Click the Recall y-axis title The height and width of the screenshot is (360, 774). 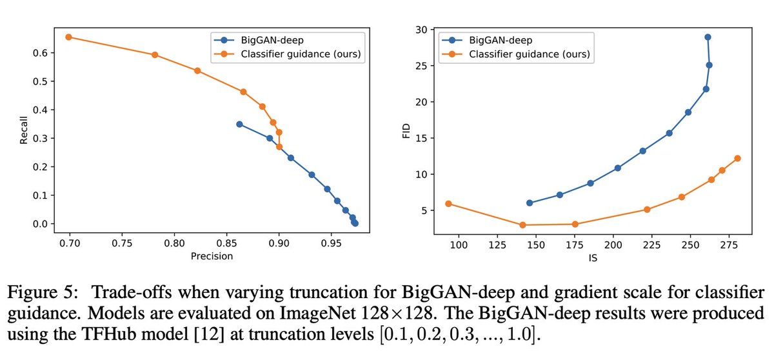[x=23, y=130]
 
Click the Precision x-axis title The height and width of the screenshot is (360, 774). [x=212, y=256]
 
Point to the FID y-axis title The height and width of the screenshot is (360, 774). [x=406, y=131]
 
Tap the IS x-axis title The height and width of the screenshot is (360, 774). [x=593, y=257]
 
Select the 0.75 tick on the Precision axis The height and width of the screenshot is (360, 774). [x=122, y=244]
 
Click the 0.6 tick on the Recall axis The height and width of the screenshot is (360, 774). [x=40, y=53]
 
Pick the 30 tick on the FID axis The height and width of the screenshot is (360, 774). [x=421, y=30]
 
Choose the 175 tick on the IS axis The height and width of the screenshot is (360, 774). [x=574, y=245]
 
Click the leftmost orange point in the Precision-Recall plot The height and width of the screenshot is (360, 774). [x=68, y=37]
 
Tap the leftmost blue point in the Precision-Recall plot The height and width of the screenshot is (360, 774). [x=239, y=124]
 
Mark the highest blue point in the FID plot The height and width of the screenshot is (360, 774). [x=708, y=37]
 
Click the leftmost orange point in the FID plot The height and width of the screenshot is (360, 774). [x=448, y=204]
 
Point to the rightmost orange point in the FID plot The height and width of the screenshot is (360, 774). [x=737, y=158]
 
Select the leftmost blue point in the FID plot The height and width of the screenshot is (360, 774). [x=530, y=203]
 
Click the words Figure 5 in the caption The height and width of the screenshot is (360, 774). [x=42, y=292]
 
